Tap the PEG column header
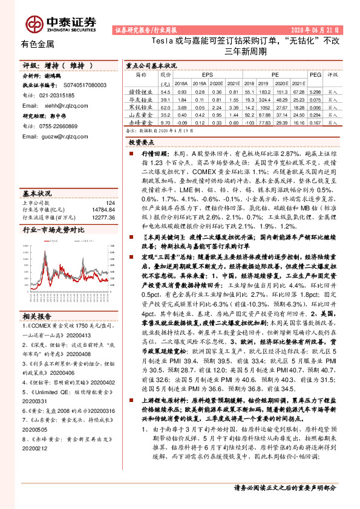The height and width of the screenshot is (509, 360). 315,74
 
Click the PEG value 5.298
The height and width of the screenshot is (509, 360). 315,91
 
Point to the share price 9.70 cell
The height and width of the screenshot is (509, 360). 165,122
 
